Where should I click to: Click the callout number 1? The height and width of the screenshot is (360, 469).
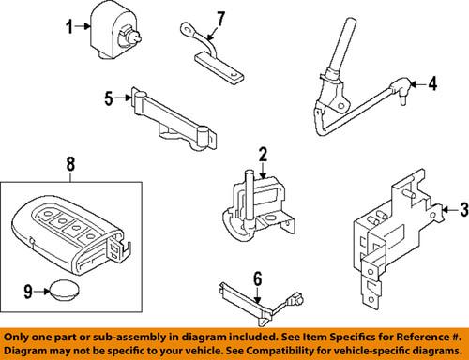[68, 27]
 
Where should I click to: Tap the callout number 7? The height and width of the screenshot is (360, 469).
[220, 18]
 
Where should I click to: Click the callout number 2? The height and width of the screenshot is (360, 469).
[264, 155]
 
